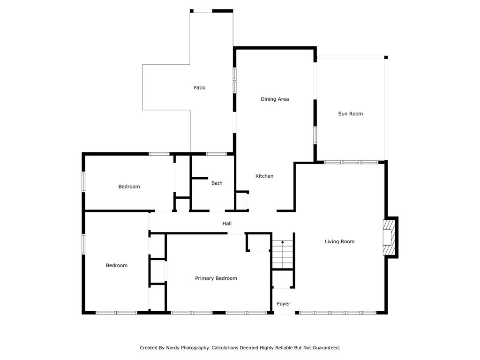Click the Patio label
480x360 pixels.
tap(199, 88)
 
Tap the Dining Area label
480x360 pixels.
tap(275, 99)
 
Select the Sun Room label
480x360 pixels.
tap(350, 113)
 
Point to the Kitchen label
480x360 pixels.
tap(264, 176)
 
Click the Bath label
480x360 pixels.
tap(217, 183)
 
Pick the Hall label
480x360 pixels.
tap(227, 224)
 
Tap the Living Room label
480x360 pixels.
tap(339, 241)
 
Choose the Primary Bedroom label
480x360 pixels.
tap(216, 278)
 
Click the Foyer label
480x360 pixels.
tap(284, 304)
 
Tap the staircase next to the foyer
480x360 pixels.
tap(283, 255)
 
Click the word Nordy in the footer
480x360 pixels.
tap(172, 348)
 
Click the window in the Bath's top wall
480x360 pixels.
tap(217, 154)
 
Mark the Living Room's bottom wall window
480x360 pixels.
tap(337, 313)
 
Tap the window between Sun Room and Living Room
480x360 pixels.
tap(351, 162)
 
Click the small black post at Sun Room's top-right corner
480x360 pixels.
tap(386, 57)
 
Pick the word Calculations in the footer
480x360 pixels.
tap(225, 348)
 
